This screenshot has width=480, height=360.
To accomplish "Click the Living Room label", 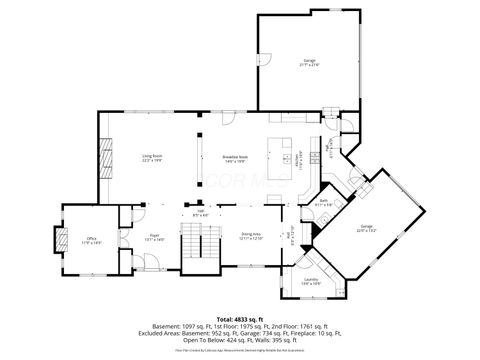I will (153, 157).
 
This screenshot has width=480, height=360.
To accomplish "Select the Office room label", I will (91, 241).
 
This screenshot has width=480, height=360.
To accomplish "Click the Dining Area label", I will (250, 236).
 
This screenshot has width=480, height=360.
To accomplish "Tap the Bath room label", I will (325, 203).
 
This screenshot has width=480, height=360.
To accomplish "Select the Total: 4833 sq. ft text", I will (240, 317).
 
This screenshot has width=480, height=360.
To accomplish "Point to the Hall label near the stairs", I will (200, 212).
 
